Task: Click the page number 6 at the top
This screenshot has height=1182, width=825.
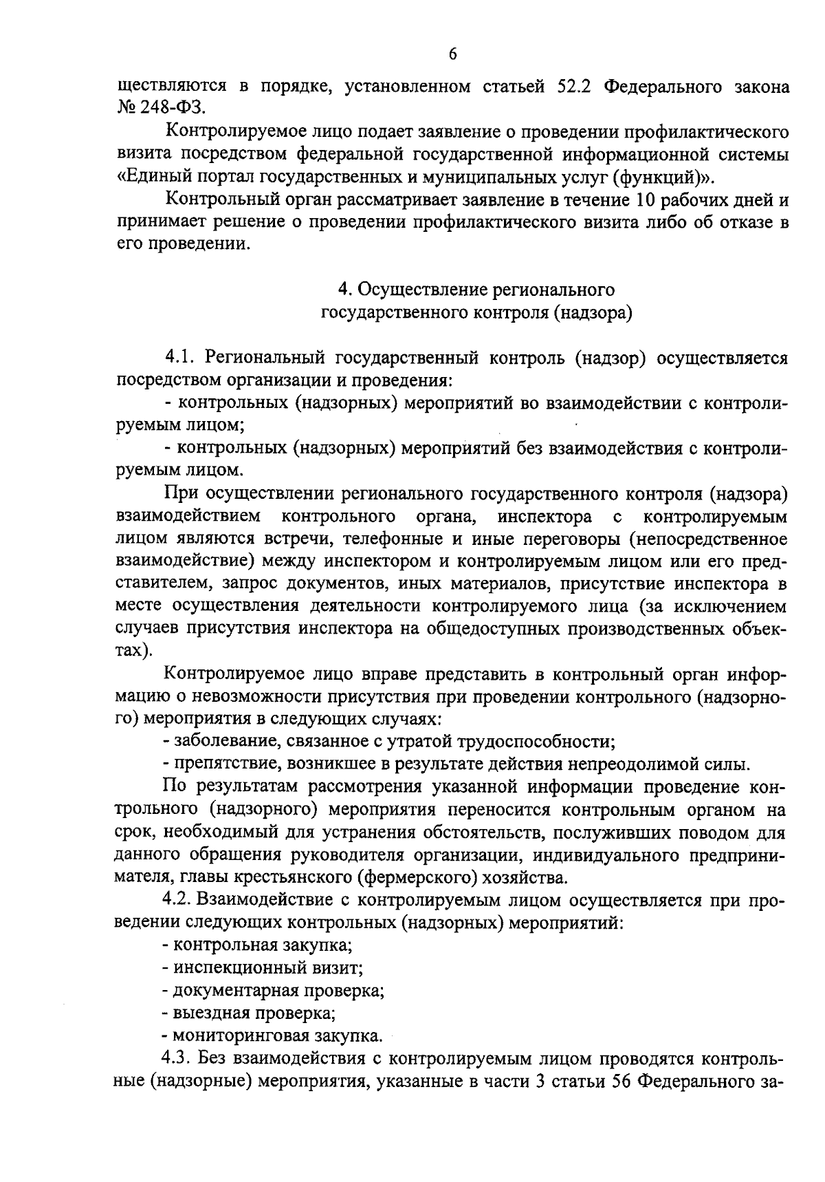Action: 452,55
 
